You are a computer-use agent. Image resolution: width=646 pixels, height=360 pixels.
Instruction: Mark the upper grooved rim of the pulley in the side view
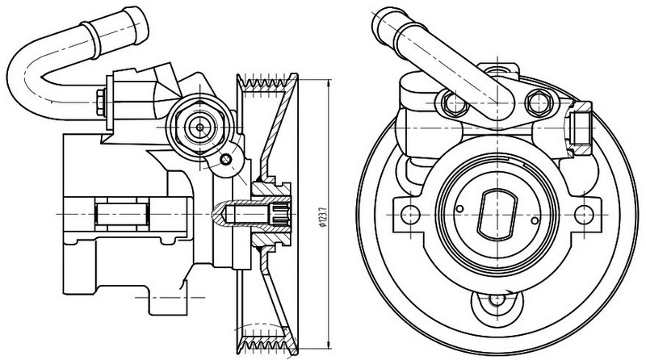[x=266, y=82]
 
